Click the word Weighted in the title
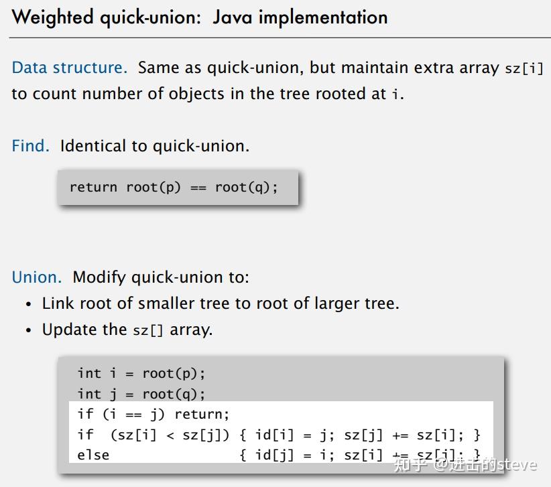53,17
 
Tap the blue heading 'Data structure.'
69,68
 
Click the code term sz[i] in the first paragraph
524,69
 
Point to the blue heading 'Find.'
30,146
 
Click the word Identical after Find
88,146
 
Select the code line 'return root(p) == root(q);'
174,187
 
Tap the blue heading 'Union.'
36,277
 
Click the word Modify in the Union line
99,277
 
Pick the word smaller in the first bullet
166,303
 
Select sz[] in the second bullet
148,330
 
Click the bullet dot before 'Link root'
29,304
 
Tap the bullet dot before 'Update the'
29,330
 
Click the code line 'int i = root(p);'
141,373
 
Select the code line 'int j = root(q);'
141,394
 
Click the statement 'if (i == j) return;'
153,414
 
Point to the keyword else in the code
93,455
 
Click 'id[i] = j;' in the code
294,435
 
